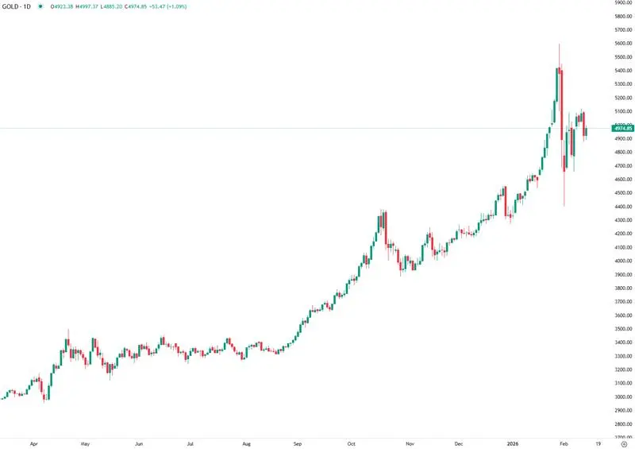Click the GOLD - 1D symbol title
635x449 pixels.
(x=17, y=6)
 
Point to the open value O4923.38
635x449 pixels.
(x=62, y=6)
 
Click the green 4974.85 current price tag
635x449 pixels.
(x=622, y=128)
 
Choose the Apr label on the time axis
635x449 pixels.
(x=33, y=443)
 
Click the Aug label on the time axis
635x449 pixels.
(x=246, y=443)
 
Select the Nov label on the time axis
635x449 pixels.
(x=410, y=443)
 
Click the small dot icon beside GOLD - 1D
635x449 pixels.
(x=40, y=6)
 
